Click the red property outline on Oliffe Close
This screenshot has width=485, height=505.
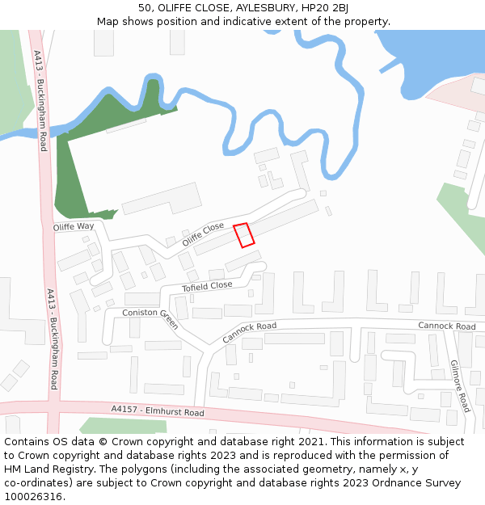click(244, 234)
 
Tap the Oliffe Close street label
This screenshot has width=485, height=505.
click(203, 234)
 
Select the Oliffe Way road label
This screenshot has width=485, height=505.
click(74, 227)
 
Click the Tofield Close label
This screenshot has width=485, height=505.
click(207, 286)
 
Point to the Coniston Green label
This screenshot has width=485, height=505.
click(150, 318)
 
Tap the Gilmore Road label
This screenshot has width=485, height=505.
click(459, 385)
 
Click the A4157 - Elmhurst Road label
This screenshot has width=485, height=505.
click(158, 410)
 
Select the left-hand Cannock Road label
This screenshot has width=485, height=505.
click(249, 331)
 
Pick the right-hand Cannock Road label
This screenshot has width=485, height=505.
click(446, 326)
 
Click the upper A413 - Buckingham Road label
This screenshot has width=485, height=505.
click(40, 100)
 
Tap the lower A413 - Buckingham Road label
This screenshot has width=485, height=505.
click(53, 339)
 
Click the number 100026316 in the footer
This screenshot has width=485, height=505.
click(34, 497)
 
